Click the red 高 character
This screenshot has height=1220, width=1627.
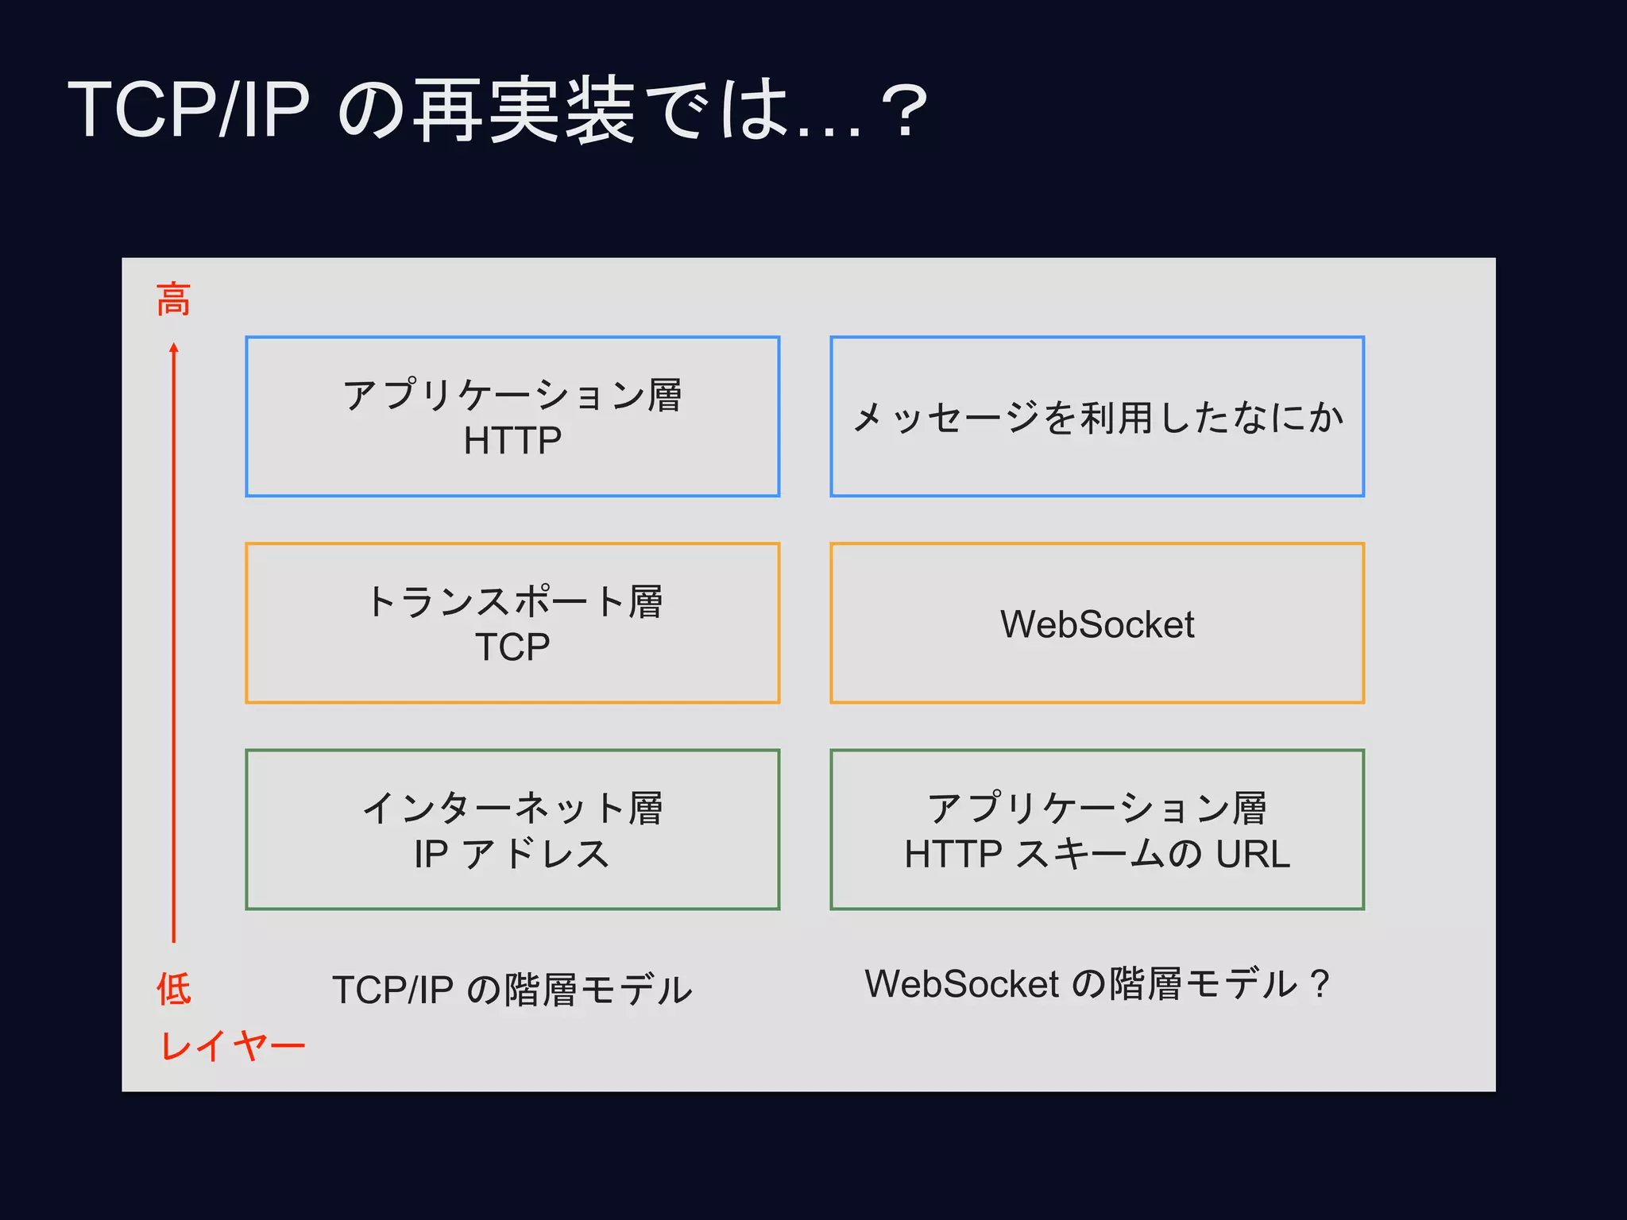(173, 300)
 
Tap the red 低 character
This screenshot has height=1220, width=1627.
(173, 989)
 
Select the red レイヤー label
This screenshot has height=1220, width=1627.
(232, 1045)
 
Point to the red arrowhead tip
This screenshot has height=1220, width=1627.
(174, 347)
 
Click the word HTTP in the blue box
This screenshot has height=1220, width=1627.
(512, 441)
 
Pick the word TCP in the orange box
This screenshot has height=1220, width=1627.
(512, 647)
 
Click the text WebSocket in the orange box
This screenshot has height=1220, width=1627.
(1097, 624)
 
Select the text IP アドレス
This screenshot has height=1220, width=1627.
(512, 854)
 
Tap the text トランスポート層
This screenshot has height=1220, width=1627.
(512, 601)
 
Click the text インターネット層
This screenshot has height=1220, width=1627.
(512, 808)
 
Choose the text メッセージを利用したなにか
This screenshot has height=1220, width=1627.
(1097, 418)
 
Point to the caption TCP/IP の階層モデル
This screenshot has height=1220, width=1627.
(512, 990)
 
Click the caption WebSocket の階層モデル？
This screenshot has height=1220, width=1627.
(1097, 984)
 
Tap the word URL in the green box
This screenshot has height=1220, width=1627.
(1253, 854)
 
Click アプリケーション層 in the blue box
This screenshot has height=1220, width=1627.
(512, 395)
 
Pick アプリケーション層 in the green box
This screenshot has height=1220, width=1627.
(1097, 808)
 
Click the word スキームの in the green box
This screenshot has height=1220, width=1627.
(1109, 854)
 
